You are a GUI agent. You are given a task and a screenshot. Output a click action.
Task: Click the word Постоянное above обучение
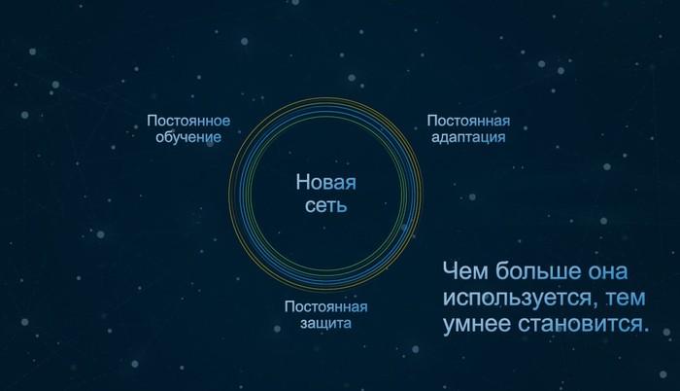point(188,121)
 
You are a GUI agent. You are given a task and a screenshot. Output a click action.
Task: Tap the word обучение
point(188,137)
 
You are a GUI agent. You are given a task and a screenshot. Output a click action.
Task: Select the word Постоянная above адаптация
point(468,121)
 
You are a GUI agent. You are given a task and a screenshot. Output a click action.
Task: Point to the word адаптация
point(468,138)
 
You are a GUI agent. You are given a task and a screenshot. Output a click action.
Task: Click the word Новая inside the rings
point(326,182)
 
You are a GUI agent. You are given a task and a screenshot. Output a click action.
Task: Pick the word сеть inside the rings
point(326,205)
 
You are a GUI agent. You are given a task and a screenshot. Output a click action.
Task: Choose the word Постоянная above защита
point(326,307)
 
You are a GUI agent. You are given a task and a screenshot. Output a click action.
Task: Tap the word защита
point(326,324)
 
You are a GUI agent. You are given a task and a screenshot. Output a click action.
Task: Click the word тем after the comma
point(626,299)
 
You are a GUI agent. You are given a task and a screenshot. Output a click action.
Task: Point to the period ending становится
point(646,331)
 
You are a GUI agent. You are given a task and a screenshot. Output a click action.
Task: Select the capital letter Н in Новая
point(302,182)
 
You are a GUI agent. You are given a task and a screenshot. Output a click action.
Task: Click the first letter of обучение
point(160,137)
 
